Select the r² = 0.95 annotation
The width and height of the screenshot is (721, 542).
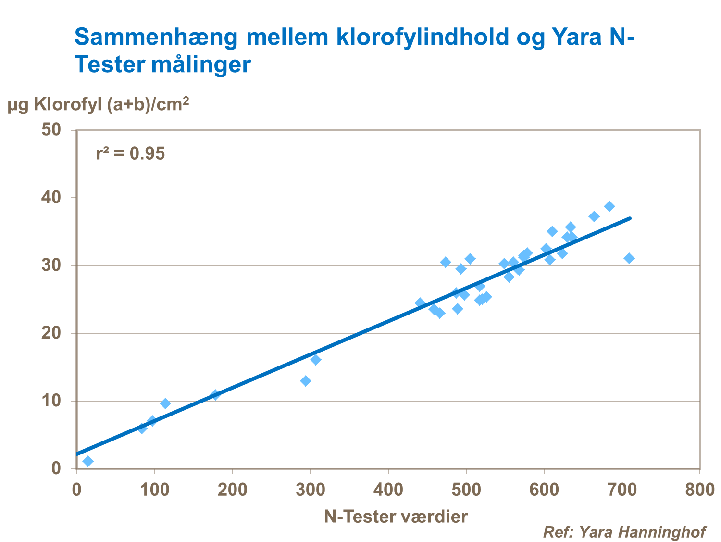pyautogui.click(x=130, y=153)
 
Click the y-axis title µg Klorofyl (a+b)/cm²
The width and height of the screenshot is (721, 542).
pyautogui.click(x=98, y=104)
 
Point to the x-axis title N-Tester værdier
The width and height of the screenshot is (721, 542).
pyautogui.click(x=396, y=517)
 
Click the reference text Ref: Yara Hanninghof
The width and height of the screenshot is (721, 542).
pyautogui.click(x=624, y=532)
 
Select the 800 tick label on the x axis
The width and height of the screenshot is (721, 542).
pyautogui.click(x=699, y=490)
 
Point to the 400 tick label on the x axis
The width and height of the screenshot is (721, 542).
pyautogui.click(x=388, y=490)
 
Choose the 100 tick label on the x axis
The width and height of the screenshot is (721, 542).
pyautogui.click(x=154, y=490)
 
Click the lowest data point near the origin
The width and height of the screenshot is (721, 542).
pyautogui.click(x=88, y=461)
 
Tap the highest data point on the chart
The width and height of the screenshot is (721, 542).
pyautogui.click(x=609, y=206)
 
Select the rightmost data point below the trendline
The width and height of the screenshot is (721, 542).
pyautogui.click(x=629, y=258)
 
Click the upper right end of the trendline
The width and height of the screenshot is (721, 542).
pyautogui.click(x=629, y=218)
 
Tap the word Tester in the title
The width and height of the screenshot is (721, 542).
pyautogui.click(x=109, y=65)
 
